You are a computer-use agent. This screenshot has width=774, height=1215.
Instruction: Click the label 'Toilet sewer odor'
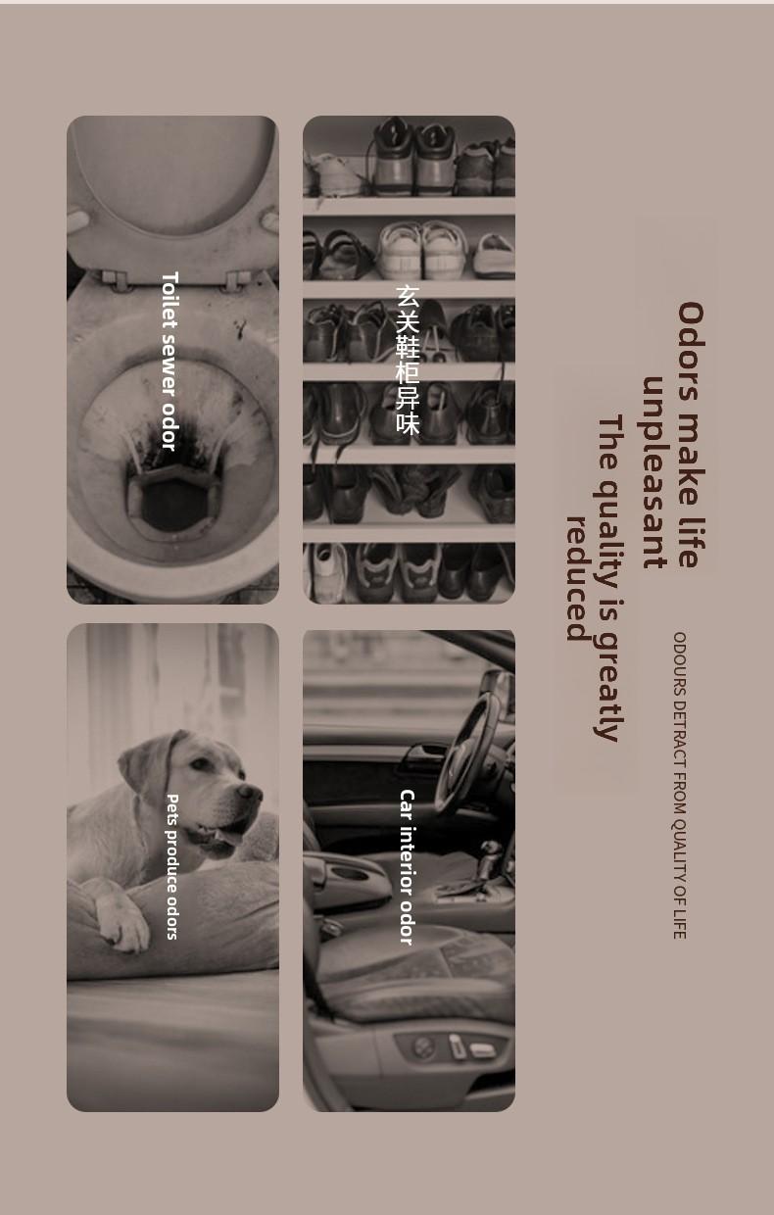[x=169, y=361]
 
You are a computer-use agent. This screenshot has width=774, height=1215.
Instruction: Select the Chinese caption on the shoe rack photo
[x=407, y=360]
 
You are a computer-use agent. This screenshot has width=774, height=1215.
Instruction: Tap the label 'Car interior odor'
[x=407, y=867]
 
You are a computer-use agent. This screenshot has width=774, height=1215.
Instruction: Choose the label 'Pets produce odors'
[x=171, y=866]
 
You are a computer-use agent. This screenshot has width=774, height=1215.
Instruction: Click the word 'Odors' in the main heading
[x=691, y=352]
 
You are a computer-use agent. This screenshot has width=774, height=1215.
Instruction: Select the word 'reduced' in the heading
[x=577, y=579]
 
